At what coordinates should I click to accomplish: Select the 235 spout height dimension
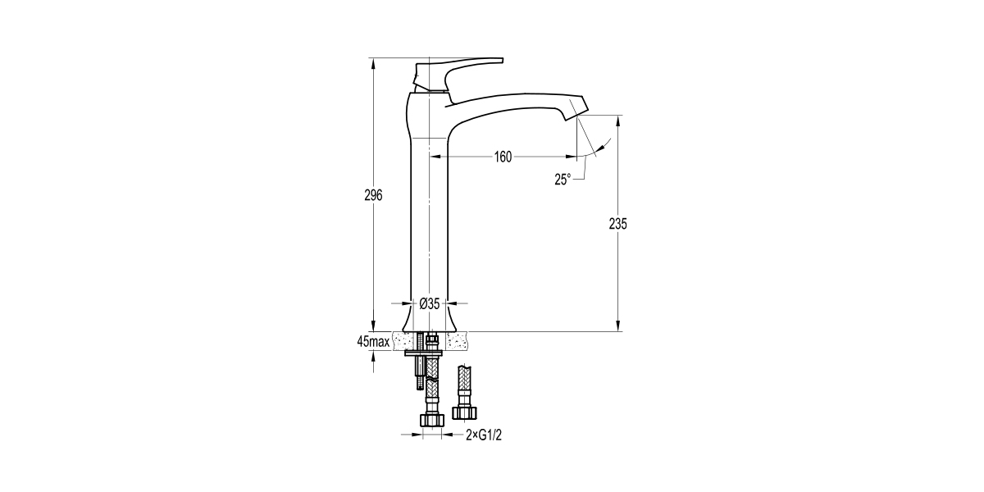pos(618,224)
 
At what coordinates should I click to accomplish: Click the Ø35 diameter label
pos(430,303)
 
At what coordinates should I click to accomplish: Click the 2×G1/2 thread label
pos(483,436)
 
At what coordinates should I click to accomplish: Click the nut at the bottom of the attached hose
pos(431,420)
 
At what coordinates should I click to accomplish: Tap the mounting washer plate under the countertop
pos(424,354)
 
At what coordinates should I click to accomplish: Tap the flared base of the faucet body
pos(430,320)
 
